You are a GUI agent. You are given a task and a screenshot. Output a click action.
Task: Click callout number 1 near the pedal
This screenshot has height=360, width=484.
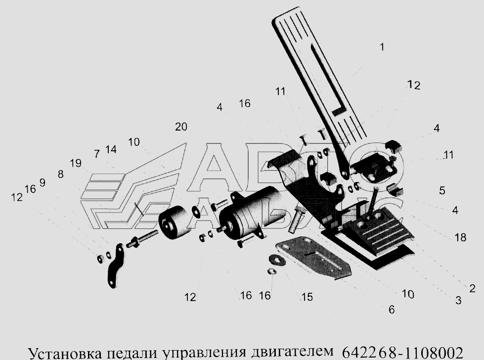(382, 47)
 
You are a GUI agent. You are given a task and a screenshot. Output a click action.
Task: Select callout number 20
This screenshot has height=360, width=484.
(181, 127)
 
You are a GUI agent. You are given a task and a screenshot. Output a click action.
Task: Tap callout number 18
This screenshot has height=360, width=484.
(460, 237)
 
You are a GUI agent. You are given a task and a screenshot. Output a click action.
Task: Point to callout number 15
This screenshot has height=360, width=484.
(307, 297)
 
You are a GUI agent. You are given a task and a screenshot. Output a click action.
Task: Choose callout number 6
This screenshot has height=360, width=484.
(392, 310)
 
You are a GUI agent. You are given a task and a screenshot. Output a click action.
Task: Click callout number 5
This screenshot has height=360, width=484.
(442, 190)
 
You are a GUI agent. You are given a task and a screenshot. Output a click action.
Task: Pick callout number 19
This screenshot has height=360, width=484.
(76, 163)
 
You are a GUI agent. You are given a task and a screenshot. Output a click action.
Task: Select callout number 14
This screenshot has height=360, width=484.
(111, 149)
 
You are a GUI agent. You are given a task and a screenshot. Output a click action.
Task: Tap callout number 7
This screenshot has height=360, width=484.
(97, 154)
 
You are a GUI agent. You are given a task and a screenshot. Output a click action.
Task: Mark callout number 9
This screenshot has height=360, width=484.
(43, 183)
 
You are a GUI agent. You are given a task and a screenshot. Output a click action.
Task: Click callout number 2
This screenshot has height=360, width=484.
(472, 289)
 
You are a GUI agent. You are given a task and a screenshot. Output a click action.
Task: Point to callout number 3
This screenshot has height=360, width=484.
(458, 300)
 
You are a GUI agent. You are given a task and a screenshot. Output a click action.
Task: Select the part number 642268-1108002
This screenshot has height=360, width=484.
(403, 353)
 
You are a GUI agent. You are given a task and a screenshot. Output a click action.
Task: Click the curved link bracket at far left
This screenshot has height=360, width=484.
(116, 266)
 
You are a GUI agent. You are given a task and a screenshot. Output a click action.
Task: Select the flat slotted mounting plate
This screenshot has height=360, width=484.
(313, 258)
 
